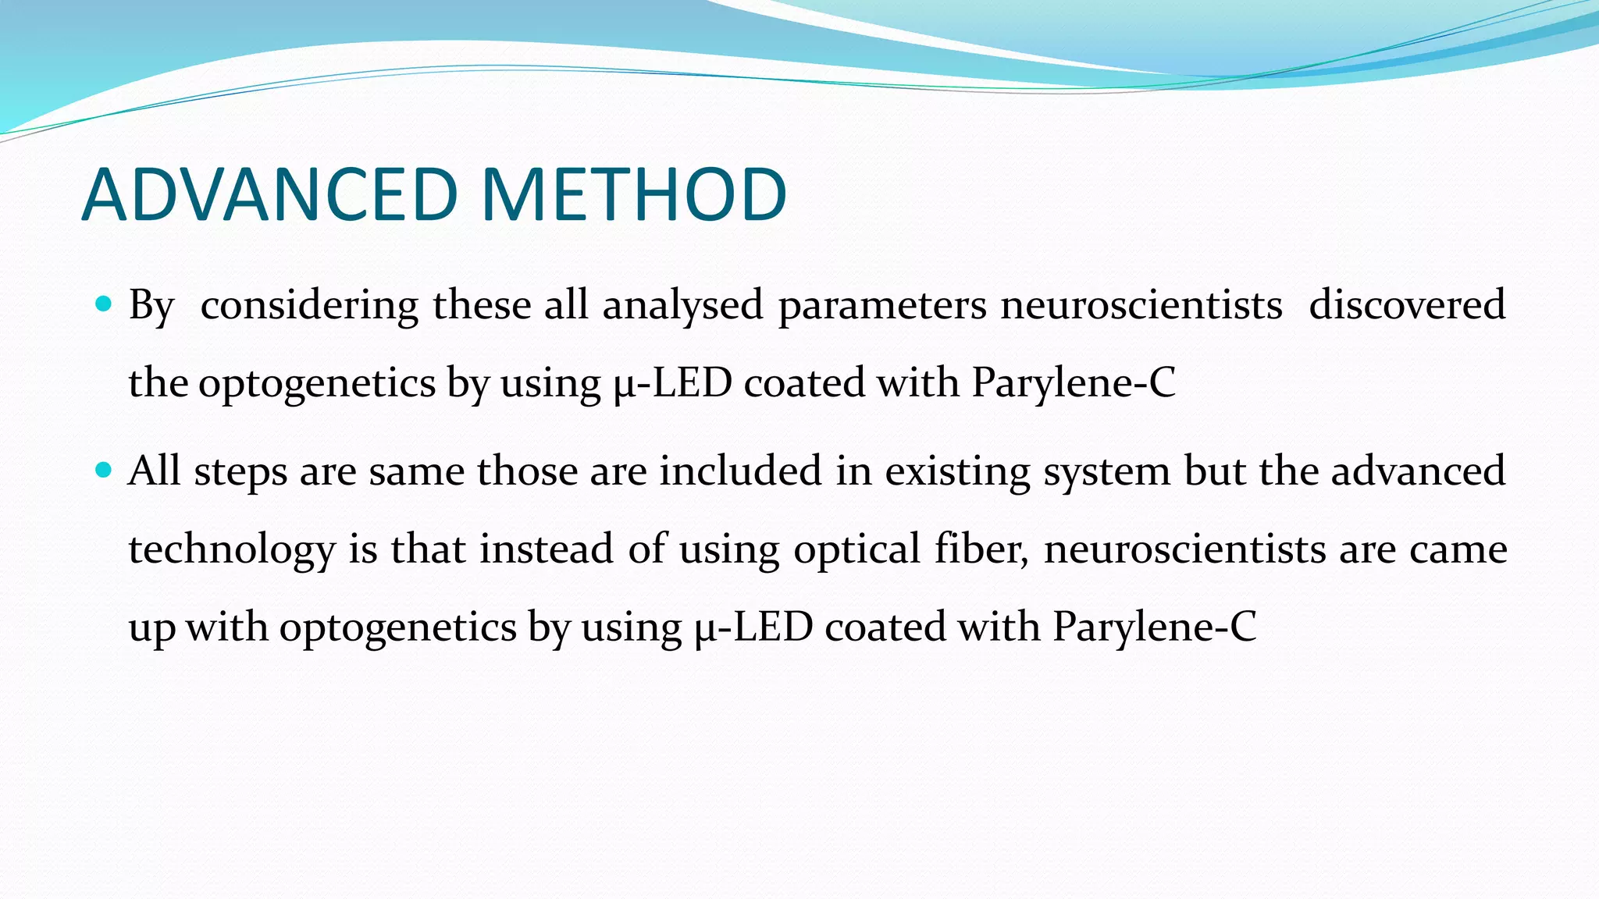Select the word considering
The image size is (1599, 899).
tap(309, 305)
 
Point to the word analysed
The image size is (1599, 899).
tap(682, 305)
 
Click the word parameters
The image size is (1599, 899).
tap(882, 305)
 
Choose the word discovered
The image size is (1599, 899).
tap(1407, 305)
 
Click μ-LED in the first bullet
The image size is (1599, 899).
tap(672, 383)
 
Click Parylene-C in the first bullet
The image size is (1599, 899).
tap(1073, 383)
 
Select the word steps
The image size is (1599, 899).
tap(240, 472)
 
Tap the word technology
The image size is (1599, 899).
tap(232, 549)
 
